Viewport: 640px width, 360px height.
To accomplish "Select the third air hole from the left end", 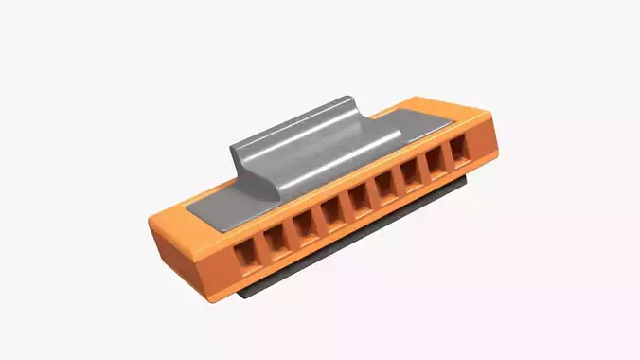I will [304, 225].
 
